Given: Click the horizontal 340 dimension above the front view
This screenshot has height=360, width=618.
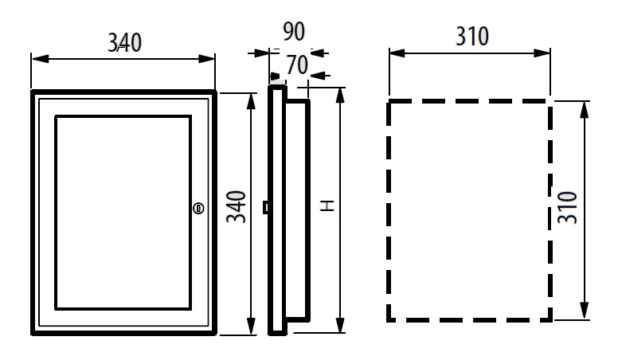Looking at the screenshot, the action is pyautogui.click(x=124, y=42).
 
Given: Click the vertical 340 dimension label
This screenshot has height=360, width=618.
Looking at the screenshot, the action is pyautogui.click(x=237, y=207).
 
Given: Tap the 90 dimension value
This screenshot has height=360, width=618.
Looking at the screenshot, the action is pyautogui.click(x=294, y=32).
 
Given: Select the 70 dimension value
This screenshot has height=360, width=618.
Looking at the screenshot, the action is pyautogui.click(x=297, y=65).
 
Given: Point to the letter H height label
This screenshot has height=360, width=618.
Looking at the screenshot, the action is pyautogui.click(x=327, y=205).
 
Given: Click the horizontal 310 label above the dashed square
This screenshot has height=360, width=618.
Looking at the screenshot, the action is pyautogui.click(x=472, y=37).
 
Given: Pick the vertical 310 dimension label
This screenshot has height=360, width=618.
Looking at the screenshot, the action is pyautogui.click(x=568, y=207).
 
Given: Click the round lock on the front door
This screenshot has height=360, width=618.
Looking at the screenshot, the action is pyautogui.click(x=198, y=208).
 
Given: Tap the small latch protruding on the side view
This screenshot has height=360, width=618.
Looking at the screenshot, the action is pyautogui.click(x=266, y=208).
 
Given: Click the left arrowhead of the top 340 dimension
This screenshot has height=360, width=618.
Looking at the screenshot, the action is pyautogui.click(x=40, y=59).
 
